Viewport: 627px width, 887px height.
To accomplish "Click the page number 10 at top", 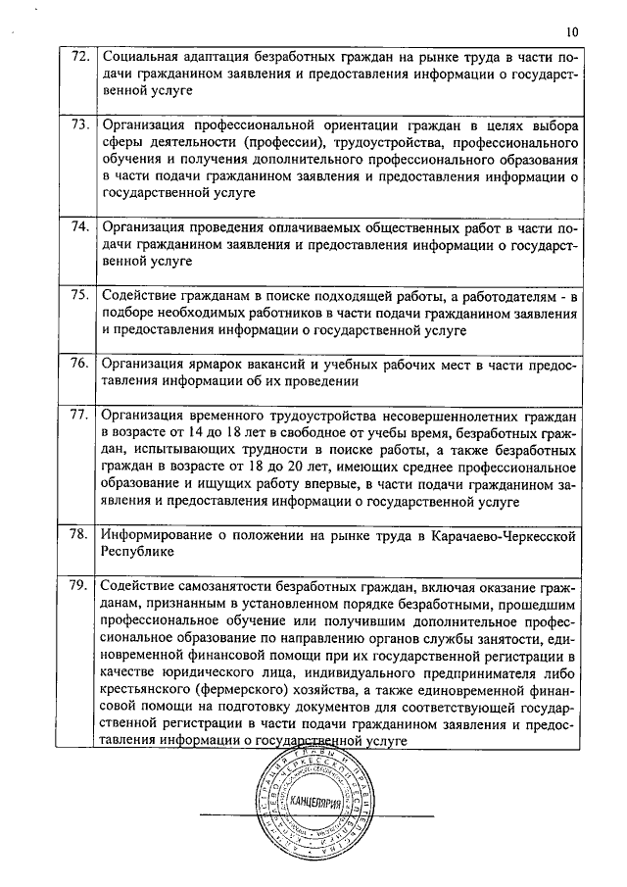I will [x=572, y=32].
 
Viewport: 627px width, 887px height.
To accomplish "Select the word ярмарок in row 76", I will [x=219, y=364].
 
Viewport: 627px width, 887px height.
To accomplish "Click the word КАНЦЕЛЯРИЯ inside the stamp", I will [x=317, y=803].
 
